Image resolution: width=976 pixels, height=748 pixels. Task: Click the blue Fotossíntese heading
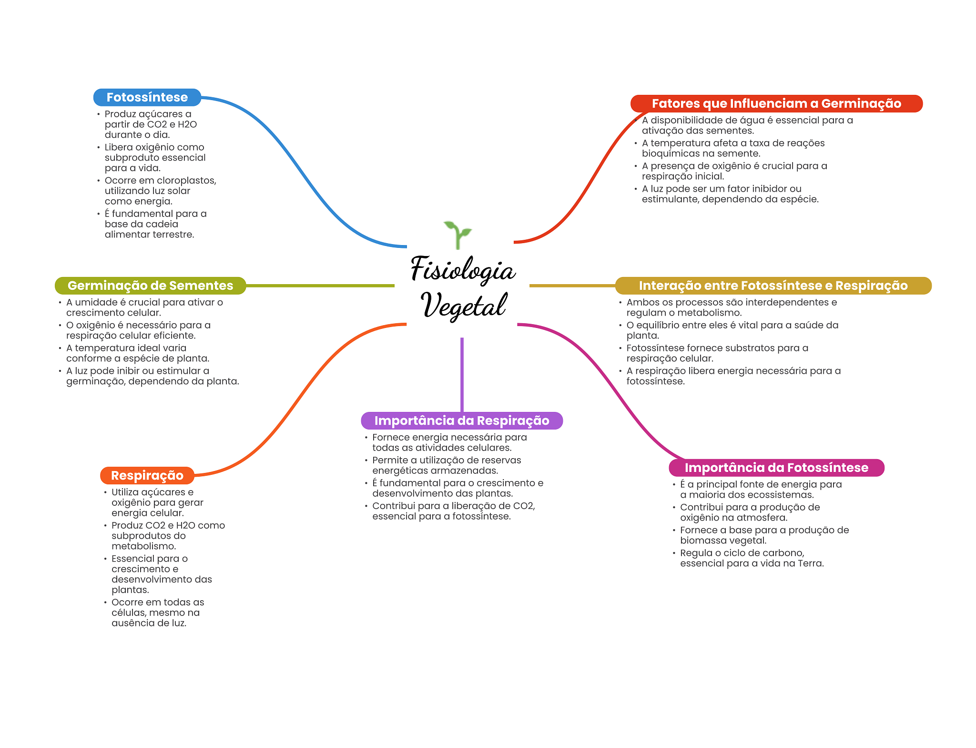(147, 97)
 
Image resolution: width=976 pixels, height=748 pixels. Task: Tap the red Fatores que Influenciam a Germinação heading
(776, 103)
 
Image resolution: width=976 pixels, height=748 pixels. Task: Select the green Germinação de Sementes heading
(150, 286)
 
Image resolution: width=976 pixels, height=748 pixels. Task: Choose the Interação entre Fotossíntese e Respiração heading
(773, 286)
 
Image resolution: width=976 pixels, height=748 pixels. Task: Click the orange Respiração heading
(147, 475)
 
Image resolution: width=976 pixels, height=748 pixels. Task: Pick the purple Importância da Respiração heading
(461, 420)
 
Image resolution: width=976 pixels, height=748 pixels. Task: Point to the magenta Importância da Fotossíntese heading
(776, 468)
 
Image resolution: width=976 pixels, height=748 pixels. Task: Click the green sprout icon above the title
(457, 234)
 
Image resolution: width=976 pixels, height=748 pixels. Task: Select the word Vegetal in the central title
(464, 306)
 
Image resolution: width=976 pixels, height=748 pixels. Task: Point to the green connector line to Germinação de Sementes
(319, 286)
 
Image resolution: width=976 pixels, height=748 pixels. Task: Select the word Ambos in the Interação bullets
(640, 302)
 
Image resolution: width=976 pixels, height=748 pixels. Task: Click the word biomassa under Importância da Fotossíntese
(705, 541)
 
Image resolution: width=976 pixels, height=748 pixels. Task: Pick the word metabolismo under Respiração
(143, 546)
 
